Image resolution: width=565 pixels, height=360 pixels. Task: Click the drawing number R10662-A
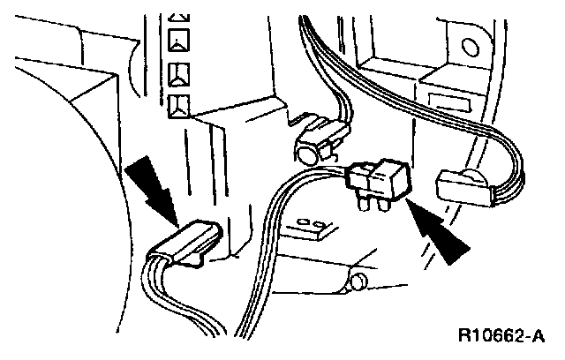(501, 336)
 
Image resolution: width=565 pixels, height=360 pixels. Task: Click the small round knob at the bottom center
(358, 282)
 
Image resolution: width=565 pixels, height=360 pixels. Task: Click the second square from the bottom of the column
(180, 73)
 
